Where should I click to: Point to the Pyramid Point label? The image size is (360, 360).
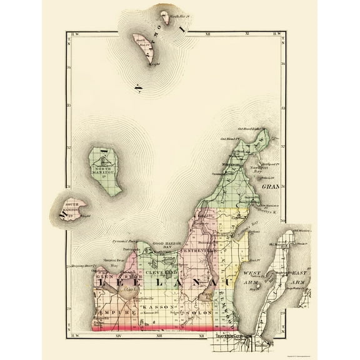tap(126, 240)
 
